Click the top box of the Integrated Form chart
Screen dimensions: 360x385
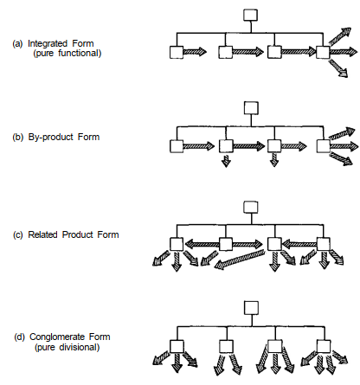pos(250,16)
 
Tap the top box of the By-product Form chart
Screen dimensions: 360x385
pos(251,108)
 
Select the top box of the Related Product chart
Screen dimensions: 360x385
pos(251,207)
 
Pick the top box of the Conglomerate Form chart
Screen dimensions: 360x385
pos(251,308)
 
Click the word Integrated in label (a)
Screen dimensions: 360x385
pos(48,43)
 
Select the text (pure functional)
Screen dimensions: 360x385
pos(67,54)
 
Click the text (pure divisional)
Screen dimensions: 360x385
pos(67,347)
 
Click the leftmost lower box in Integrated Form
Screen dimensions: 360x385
pos(177,52)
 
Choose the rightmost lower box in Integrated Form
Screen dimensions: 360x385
pos(323,52)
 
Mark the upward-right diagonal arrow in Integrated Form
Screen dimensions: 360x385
pos(340,36)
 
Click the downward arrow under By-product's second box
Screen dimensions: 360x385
pos(226,160)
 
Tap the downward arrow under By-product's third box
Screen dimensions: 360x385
pos(274,160)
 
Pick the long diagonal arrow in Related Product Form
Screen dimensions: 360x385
pos(240,260)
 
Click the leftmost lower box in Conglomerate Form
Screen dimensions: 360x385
pos(177,346)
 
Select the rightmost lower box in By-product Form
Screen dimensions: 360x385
pos(324,146)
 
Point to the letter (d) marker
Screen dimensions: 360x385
pos(20,337)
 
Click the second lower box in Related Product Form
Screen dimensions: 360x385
pos(226,244)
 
